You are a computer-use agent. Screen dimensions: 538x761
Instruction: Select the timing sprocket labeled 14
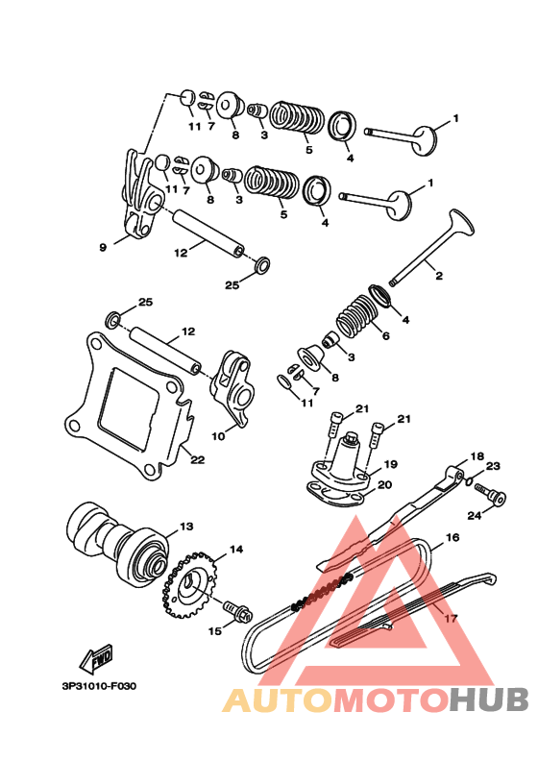pyautogui.click(x=189, y=585)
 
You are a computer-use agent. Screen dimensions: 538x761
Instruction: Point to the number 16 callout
pyautogui.click(x=452, y=537)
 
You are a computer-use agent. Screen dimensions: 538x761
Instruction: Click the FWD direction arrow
pyautogui.click(x=96, y=657)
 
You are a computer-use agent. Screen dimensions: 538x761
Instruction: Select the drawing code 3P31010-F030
pyautogui.click(x=99, y=686)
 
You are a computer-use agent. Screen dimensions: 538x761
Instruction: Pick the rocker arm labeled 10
pyautogui.click(x=232, y=388)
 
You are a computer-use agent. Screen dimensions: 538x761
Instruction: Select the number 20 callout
pyautogui.click(x=384, y=485)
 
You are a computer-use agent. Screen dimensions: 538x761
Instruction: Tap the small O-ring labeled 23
pyautogui.click(x=469, y=480)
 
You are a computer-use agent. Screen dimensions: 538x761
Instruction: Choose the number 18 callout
pyautogui.click(x=477, y=456)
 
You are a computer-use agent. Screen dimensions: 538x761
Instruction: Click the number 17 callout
pyautogui.click(x=452, y=618)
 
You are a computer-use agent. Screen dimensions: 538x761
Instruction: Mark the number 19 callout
pyautogui.click(x=390, y=464)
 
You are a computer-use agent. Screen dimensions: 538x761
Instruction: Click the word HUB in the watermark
pyautogui.click(x=488, y=700)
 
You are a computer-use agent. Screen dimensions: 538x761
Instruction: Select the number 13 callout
pyautogui.click(x=186, y=527)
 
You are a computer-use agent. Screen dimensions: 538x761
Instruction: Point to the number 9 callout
pyautogui.click(x=103, y=248)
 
